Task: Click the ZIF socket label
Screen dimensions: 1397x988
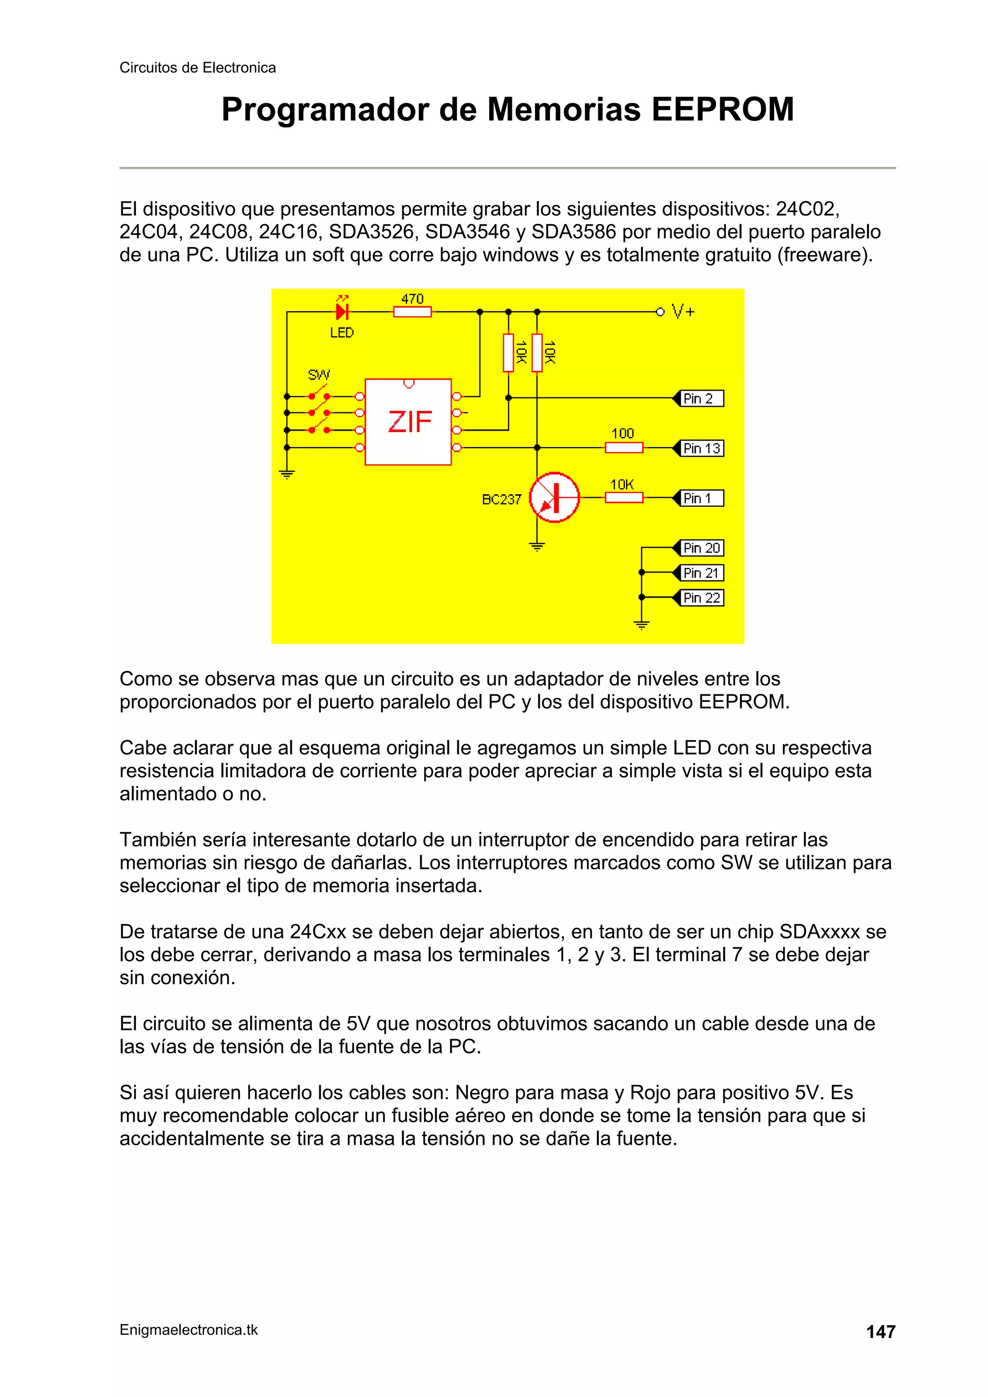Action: [410, 421]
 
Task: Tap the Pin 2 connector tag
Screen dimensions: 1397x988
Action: [700, 398]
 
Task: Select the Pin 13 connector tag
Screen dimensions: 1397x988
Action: [700, 448]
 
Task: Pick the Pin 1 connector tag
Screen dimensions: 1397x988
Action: [700, 498]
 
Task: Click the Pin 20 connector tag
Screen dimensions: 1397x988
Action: [700, 548]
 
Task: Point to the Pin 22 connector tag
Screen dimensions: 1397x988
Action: [700, 598]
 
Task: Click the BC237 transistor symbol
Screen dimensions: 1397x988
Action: [554, 497]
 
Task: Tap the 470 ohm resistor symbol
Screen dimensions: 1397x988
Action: [412, 312]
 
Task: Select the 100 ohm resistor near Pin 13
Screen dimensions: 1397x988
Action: [623, 448]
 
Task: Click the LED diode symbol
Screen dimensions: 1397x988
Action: [342, 312]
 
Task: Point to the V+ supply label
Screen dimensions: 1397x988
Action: [683, 312]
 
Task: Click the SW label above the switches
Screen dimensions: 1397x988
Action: [319, 374]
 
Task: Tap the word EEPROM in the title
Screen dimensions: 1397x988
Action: [723, 110]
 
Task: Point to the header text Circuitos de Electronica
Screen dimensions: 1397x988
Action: [197, 68]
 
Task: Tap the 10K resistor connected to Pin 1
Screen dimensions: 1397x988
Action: [623, 498]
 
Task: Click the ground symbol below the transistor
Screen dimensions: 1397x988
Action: [536, 546]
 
